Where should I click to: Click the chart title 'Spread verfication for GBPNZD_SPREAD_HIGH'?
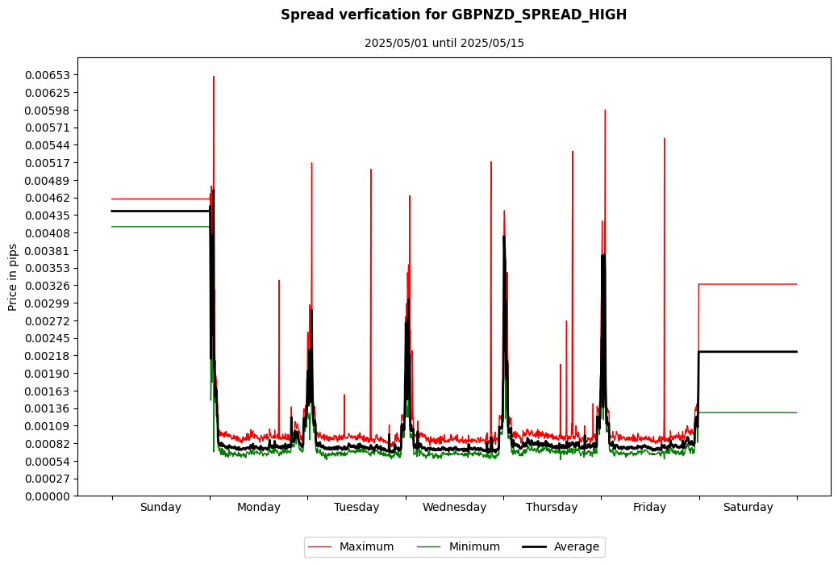[x=453, y=15]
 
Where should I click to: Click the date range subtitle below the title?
[x=444, y=43]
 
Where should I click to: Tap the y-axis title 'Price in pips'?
[x=13, y=277]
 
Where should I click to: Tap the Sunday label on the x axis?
[x=161, y=508]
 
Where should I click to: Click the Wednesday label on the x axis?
[x=454, y=508]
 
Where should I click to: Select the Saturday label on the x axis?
[x=748, y=508]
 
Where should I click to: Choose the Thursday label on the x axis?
[x=552, y=508]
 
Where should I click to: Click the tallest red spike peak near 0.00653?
[x=214, y=77]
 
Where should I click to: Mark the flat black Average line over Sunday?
[x=161, y=211]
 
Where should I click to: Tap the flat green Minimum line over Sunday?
[x=161, y=227]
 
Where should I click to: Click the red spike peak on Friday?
[x=665, y=139]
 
